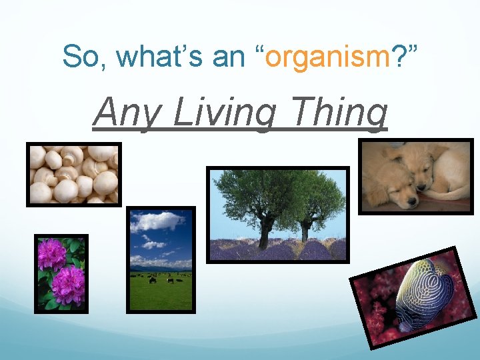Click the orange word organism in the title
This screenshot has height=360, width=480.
tap(327, 57)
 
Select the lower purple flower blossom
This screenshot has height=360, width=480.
tap(69, 285)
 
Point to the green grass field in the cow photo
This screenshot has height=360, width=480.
tap(161, 293)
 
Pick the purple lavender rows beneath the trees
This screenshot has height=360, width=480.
tap(277, 251)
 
